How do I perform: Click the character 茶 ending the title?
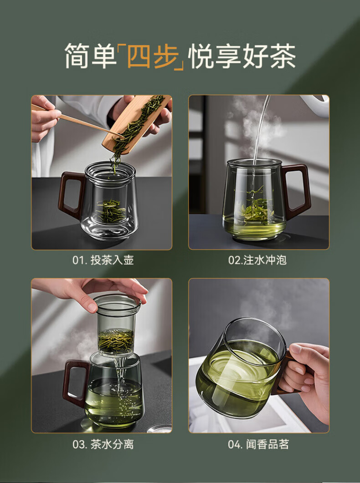[283, 56]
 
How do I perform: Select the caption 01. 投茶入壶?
[103, 260]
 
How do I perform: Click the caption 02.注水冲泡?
[257, 260]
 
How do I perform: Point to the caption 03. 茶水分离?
[103, 444]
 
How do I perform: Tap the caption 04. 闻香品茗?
[258, 444]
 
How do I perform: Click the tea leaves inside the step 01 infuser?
[111, 211]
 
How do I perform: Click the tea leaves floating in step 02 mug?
[257, 206]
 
